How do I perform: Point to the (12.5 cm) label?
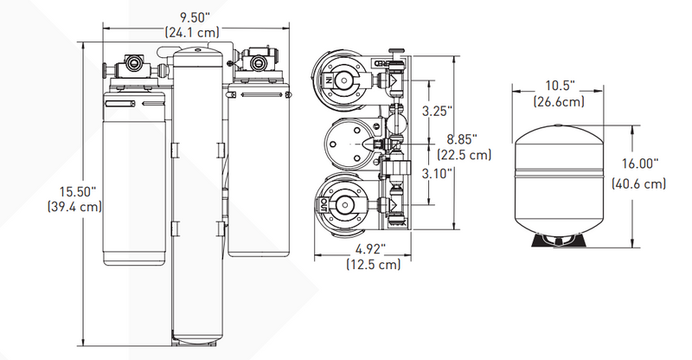[x=372, y=264]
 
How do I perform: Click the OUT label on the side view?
[x=326, y=206]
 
